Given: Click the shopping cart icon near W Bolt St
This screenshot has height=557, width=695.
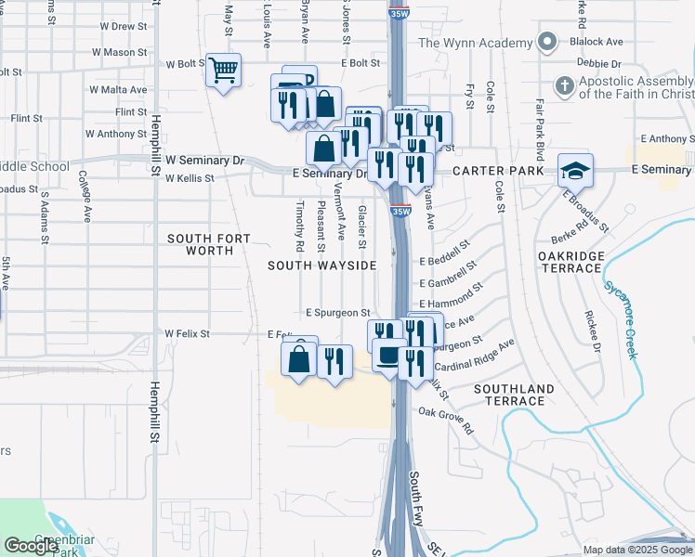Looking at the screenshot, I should tap(223, 70).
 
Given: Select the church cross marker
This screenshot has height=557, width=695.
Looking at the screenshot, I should tap(563, 86).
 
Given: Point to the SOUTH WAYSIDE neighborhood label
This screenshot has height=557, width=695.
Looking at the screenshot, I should tap(322, 266).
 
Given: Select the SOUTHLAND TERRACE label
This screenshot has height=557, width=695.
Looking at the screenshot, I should tap(514, 395).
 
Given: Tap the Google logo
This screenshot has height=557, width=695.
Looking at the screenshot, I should tap(31, 546).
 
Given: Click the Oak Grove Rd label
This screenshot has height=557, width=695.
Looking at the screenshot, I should tap(445, 421).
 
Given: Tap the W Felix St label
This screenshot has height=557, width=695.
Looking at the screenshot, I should tap(187, 333).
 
